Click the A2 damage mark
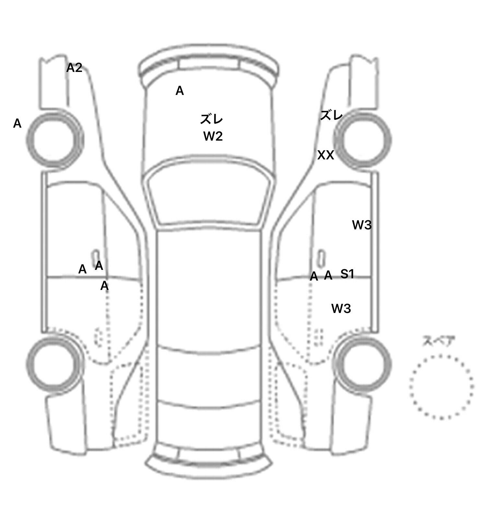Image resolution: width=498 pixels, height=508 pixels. coord(74,68)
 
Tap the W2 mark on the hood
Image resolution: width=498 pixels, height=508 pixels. coord(213,136)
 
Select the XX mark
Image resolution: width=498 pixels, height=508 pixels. coord(326,155)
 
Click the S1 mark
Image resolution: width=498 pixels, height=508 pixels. coord(347,274)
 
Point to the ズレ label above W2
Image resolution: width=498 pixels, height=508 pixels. coord(211,119)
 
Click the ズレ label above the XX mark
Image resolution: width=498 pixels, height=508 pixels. coord(331,115)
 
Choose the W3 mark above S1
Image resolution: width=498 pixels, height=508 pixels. coord(362,225)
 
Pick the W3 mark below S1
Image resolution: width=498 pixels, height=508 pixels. coord(341,309)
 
